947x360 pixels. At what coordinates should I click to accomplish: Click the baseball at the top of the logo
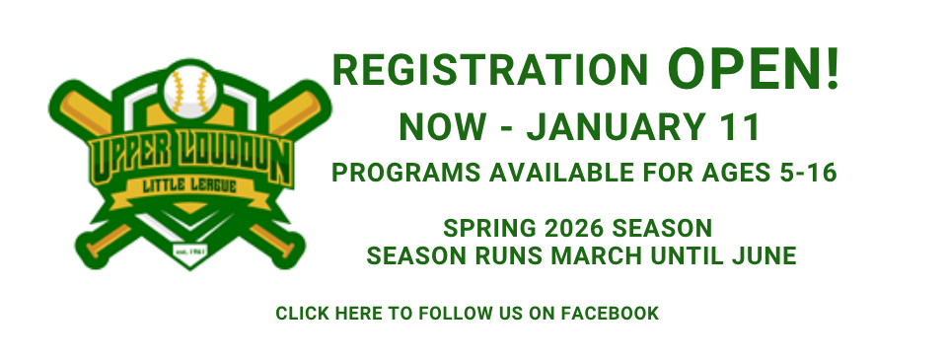(x=190, y=92)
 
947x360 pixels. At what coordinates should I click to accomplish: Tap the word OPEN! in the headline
(x=754, y=70)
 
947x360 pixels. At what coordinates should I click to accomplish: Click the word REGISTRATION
(x=490, y=71)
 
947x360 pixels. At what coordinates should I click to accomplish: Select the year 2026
(x=571, y=229)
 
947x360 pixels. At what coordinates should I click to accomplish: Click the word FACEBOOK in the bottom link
(x=610, y=314)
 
